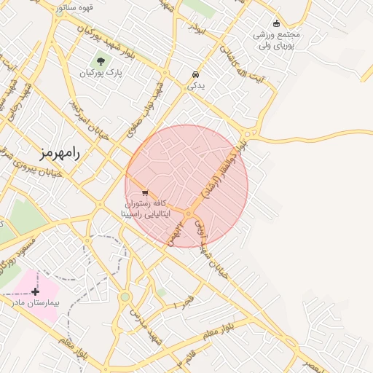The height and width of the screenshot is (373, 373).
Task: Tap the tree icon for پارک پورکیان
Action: click(x=101, y=61)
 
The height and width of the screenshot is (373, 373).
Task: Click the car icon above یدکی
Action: click(x=195, y=74)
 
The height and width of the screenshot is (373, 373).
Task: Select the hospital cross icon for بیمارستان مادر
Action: click(x=35, y=291)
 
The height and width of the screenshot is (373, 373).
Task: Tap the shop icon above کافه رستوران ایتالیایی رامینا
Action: click(x=145, y=193)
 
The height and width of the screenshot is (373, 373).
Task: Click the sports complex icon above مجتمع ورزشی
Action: click(x=275, y=23)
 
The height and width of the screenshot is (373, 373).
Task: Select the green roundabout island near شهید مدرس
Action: click(x=125, y=297)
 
